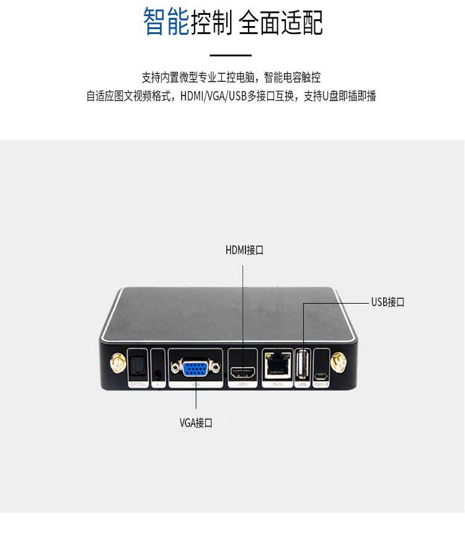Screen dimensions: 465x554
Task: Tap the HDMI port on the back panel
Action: coord(242,372)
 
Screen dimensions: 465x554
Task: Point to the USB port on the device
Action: coord(303,365)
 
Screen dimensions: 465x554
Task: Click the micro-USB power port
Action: coord(321,376)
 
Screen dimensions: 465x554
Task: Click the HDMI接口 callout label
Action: coord(244,250)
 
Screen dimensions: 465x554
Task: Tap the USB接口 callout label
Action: coord(387,302)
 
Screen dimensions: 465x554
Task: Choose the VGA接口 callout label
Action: coord(196,423)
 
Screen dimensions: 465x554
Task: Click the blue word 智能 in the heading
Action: coord(165,22)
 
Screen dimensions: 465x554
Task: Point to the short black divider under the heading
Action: coord(231,56)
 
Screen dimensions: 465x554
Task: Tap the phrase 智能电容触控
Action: coord(292,77)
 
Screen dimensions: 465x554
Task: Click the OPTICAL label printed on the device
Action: coord(138,385)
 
